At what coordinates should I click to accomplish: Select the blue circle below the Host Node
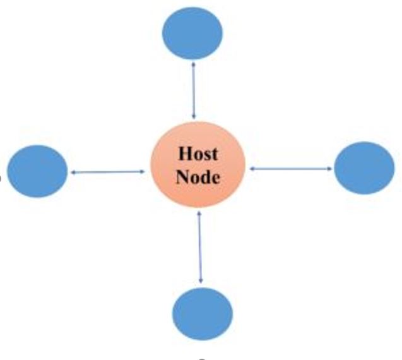(x=203, y=314)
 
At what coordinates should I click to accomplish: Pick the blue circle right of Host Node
(x=364, y=167)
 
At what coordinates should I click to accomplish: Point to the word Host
(x=198, y=153)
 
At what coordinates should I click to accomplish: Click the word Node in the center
(x=198, y=177)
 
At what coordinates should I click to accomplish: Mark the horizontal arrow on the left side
(x=107, y=172)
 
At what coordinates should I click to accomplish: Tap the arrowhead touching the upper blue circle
(x=192, y=62)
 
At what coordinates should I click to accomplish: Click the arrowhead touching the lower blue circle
(x=201, y=280)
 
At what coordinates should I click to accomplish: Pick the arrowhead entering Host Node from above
(x=194, y=117)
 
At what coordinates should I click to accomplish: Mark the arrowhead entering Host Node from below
(x=199, y=213)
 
